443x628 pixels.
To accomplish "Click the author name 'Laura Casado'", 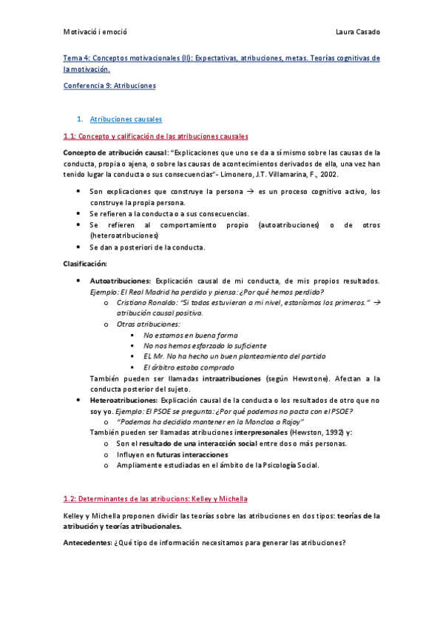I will (358, 32).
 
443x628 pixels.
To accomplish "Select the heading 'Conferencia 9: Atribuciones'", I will (109, 86).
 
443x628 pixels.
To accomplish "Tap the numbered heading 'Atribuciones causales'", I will (126, 118).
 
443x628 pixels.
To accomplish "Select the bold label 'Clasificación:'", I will (85, 264).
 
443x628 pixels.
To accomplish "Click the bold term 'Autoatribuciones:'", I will (120, 281).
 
